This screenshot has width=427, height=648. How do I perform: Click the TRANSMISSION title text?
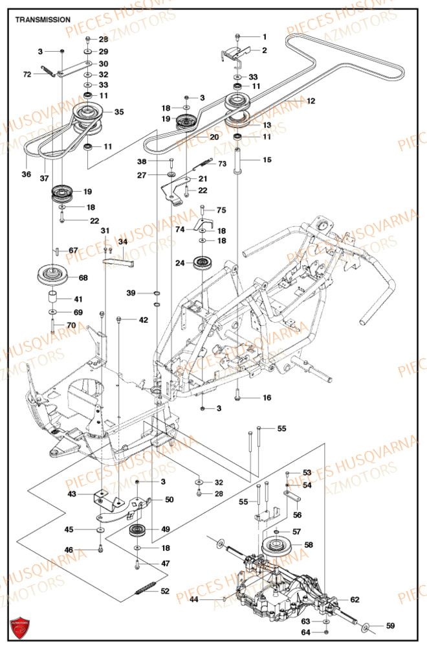[x=43, y=19]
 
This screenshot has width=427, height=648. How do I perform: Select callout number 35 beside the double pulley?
[x=119, y=112]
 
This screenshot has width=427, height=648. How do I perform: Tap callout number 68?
[x=83, y=278]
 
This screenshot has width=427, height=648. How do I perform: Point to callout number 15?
[x=266, y=159]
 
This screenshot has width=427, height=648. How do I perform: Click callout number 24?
[x=179, y=263]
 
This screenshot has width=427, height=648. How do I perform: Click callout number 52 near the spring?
[x=165, y=590]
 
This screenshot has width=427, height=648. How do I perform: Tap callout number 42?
[x=143, y=319]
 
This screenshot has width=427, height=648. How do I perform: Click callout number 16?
[x=266, y=397]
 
